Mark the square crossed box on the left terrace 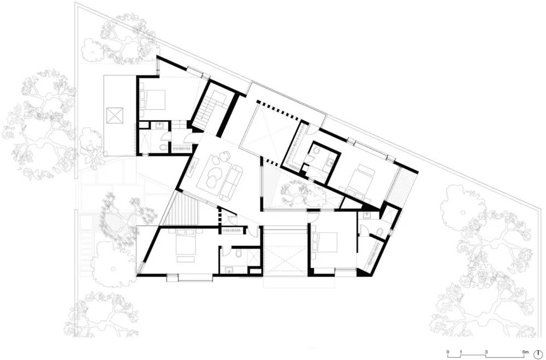pos(116,116)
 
